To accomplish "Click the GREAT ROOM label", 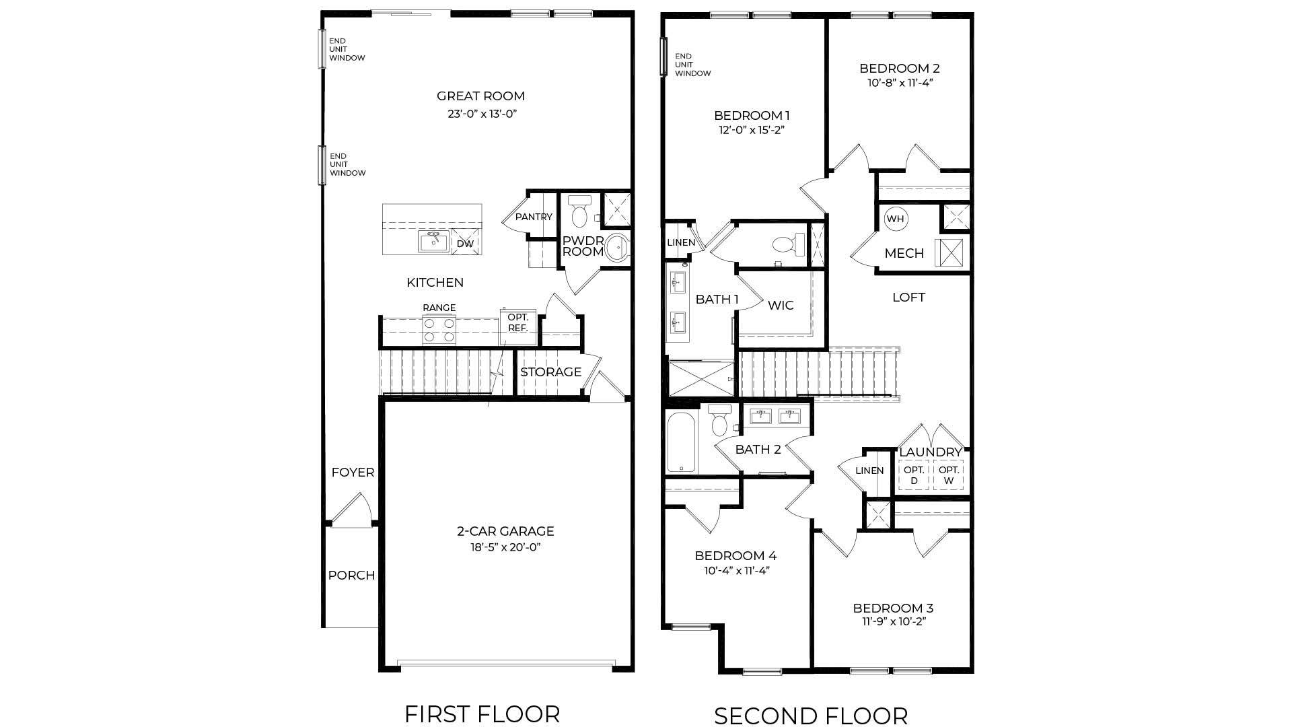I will pyautogui.click(x=480, y=96).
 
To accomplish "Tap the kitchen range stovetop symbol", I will pyautogui.click(x=439, y=329).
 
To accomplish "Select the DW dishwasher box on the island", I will pyautogui.click(x=465, y=244).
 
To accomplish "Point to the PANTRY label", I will pyautogui.click(x=534, y=217).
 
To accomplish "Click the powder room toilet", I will pyautogui.click(x=579, y=212).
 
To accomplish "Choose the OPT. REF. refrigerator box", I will pyautogui.click(x=517, y=323).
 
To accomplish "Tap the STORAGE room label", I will pyautogui.click(x=550, y=372).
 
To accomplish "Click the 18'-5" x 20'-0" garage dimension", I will pyautogui.click(x=505, y=547).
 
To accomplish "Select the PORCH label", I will pyautogui.click(x=351, y=576).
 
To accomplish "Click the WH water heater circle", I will pyautogui.click(x=895, y=219).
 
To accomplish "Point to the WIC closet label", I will pyautogui.click(x=781, y=305).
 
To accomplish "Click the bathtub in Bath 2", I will pyautogui.click(x=682, y=444).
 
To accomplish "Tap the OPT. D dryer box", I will pyautogui.click(x=914, y=475).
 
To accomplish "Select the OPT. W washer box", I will pyautogui.click(x=949, y=475).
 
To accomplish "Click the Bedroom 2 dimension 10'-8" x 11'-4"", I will pyautogui.click(x=900, y=83).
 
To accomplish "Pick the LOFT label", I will pyautogui.click(x=908, y=298).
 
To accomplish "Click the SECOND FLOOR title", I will pyautogui.click(x=810, y=716).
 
